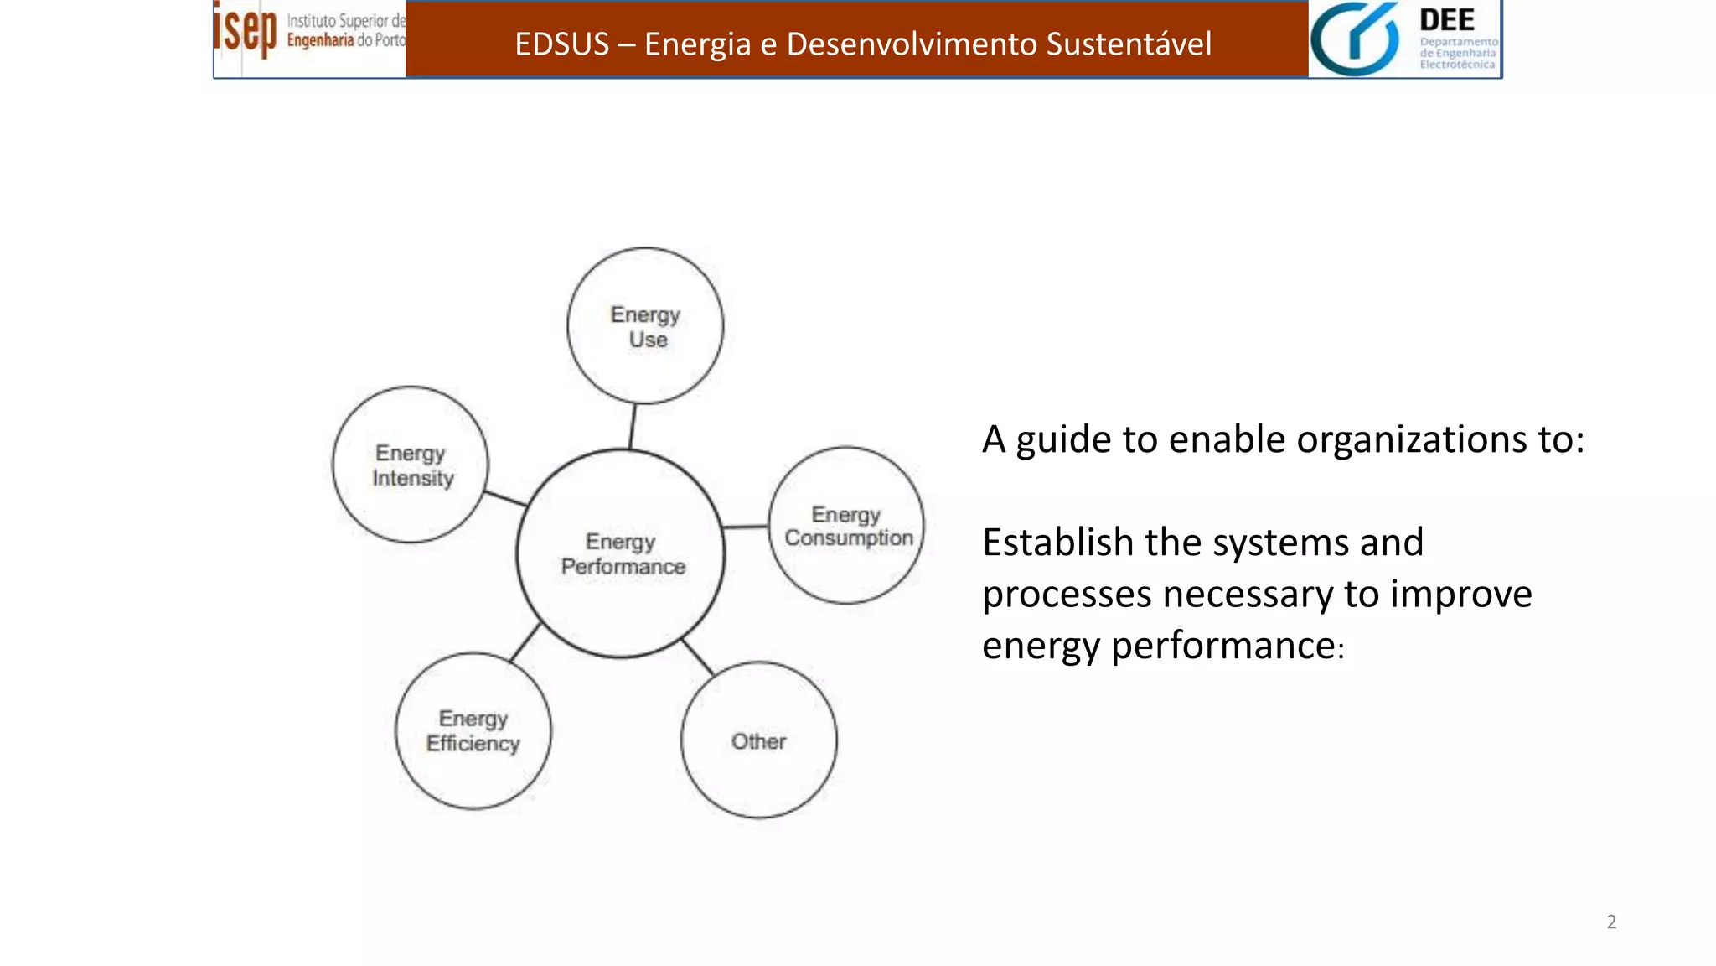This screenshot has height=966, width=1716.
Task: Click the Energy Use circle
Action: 644,325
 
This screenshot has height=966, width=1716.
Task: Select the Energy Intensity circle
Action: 411,465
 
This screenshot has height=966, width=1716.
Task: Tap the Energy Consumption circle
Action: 846,526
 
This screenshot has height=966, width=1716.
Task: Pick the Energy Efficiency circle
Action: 473,730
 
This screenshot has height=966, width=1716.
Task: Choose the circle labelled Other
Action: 759,740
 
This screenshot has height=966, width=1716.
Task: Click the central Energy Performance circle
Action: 621,553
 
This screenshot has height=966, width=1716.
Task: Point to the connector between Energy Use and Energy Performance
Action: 633,426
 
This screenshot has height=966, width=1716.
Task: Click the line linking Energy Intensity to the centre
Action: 506,499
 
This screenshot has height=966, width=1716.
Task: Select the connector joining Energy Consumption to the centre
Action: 746,527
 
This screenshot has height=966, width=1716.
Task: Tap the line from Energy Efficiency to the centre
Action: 525,643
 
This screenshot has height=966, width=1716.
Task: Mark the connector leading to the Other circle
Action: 698,657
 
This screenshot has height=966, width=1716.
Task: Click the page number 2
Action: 1611,922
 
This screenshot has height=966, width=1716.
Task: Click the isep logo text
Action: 245,30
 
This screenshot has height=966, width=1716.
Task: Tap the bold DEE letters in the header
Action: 1447,20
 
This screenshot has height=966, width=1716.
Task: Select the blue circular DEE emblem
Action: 1354,39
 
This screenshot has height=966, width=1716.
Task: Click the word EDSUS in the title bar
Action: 561,44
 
